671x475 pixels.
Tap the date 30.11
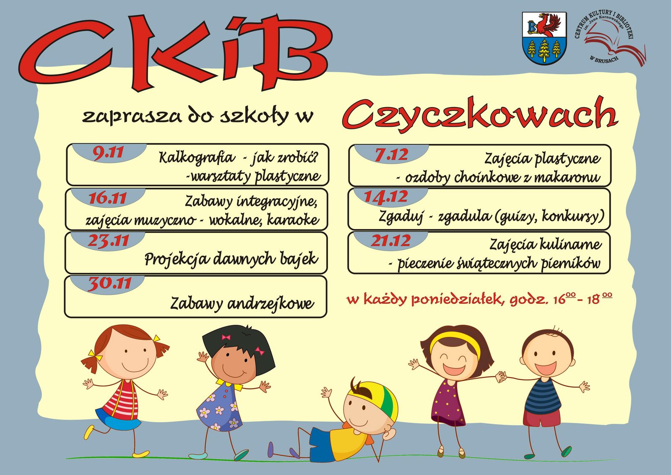(x=109, y=284)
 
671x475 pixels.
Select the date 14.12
(x=386, y=197)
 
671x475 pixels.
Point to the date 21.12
(x=390, y=241)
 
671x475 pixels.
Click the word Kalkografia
(x=197, y=158)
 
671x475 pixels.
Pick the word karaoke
(x=293, y=220)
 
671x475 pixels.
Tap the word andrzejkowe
(x=271, y=303)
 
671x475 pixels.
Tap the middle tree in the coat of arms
(x=544, y=50)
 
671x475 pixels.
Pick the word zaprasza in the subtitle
(x=132, y=116)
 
